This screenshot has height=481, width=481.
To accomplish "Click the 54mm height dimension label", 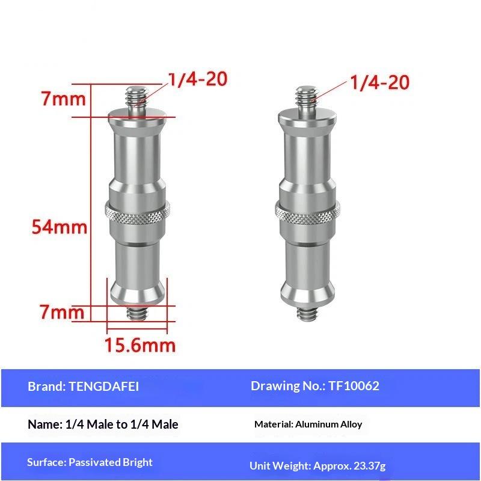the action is tap(59, 227).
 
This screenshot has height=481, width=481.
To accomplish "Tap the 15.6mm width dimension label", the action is tap(140, 345).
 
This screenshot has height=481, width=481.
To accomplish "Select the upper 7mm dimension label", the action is tap(64, 99).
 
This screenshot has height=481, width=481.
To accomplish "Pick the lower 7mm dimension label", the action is tap(62, 311).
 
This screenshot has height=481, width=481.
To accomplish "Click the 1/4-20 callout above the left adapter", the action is tap(198, 79).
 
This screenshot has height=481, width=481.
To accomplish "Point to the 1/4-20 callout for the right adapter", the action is tap(380, 82).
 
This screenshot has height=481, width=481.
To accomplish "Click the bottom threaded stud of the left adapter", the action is tap(137, 312).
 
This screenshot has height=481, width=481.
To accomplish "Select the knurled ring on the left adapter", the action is tap(138, 212).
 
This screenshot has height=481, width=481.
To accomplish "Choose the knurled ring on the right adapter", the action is tap(307, 212).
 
